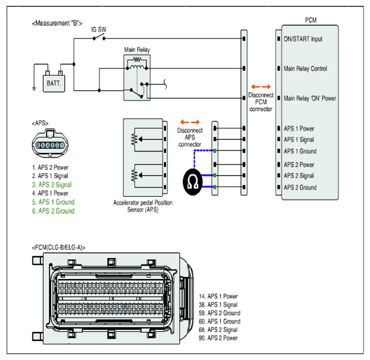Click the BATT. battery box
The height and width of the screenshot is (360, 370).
pyautogui.click(x=54, y=83)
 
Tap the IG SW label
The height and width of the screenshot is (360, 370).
pyautogui.click(x=99, y=29)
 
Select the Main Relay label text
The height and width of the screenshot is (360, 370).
pyautogui.click(x=137, y=50)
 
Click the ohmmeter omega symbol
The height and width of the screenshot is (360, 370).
pyautogui.click(x=193, y=182)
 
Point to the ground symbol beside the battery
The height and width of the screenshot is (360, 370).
pyautogui.click(x=34, y=89)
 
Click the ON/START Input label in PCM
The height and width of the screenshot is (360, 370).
pyautogui.click(x=303, y=39)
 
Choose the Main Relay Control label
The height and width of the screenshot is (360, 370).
pyautogui.click(x=305, y=69)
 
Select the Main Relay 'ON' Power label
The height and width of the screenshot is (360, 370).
pyautogui.click(x=310, y=98)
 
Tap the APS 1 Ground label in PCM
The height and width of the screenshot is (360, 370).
pyautogui.click(x=300, y=151)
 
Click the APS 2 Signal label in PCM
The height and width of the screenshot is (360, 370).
pyautogui.click(x=299, y=176)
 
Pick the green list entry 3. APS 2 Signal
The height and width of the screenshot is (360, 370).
pyautogui.click(x=52, y=184)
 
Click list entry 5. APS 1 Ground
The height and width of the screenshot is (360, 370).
pyautogui.click(x=54, y=202)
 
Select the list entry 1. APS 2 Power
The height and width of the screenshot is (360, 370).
pyautogui.click(x=50, y=167)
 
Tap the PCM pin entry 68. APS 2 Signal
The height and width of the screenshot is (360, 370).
pyautogui.click(x=218, y=329)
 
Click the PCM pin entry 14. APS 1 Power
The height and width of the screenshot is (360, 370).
pyautogui.click(x=218, y=297)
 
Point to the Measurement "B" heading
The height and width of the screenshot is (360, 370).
pyautogui.click(x=57, y=24)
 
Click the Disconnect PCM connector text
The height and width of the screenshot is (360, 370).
pyautogui.click(x=261, y=102)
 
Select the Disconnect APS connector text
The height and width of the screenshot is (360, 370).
pyautogui.click(x=190, y=137)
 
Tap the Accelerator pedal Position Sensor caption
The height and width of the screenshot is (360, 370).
pyautogui.click(x=143, y=206)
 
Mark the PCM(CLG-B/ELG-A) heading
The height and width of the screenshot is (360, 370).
pyautogui.click(x=59, y=248)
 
